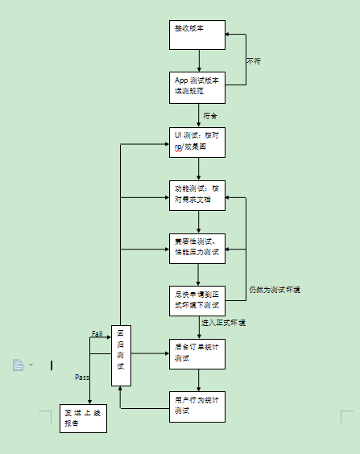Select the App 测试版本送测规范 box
197,86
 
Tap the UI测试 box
197,142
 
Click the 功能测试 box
197,194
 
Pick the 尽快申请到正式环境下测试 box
197,299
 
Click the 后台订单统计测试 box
197,353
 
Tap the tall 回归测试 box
120,355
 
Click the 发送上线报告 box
83,418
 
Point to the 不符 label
254,61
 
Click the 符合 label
210,115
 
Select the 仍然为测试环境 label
275,289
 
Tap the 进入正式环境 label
224,323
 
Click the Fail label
97,333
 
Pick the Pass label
82,377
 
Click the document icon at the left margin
19,365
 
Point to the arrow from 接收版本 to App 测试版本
198,62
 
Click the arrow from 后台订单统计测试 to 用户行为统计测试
198,380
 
